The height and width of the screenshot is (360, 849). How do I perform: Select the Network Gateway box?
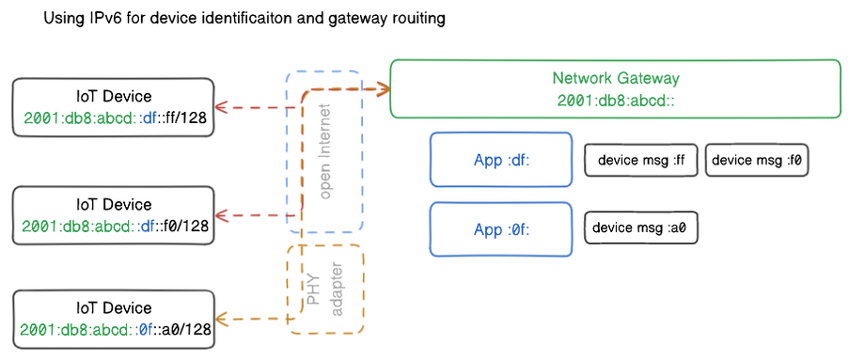615,88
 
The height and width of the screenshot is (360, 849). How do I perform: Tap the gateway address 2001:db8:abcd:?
615,100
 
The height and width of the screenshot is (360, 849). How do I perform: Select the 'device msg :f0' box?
757,160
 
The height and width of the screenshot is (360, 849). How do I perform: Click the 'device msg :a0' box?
640,227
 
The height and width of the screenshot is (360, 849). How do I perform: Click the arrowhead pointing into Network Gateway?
384,89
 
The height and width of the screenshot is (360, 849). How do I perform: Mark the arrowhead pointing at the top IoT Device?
221,107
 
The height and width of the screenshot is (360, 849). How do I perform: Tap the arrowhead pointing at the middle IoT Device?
221,215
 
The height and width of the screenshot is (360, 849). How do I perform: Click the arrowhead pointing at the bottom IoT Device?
221,320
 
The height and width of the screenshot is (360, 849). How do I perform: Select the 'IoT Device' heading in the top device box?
113,97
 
